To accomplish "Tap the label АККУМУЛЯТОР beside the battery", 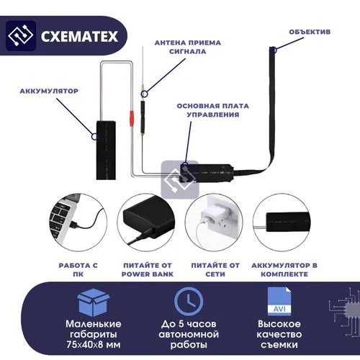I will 50,91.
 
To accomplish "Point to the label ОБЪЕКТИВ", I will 310,32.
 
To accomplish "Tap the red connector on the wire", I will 131,117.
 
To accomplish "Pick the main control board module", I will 209,173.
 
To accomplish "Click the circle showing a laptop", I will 80,222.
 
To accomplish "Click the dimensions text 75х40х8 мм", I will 94,345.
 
